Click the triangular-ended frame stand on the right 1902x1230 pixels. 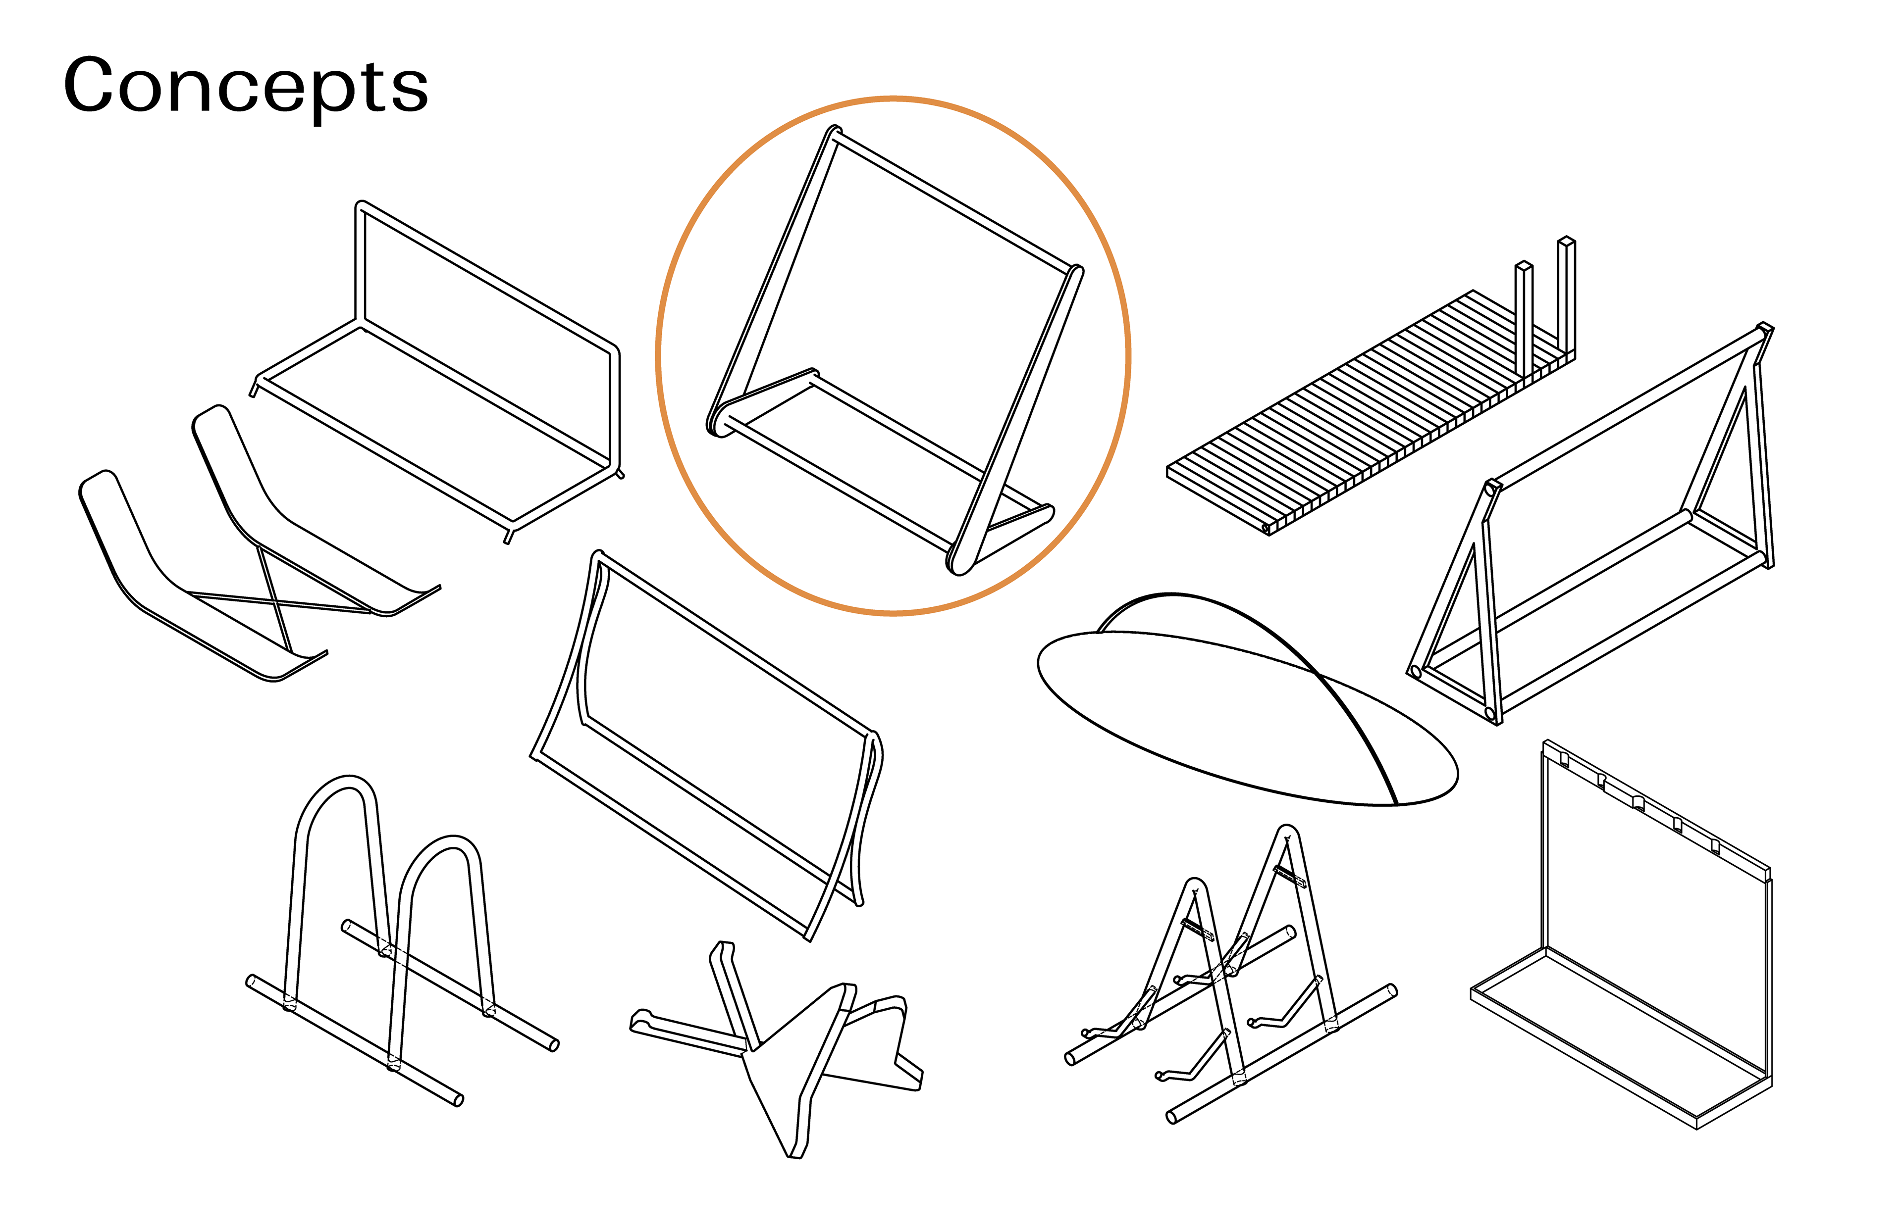point(1590,527)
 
